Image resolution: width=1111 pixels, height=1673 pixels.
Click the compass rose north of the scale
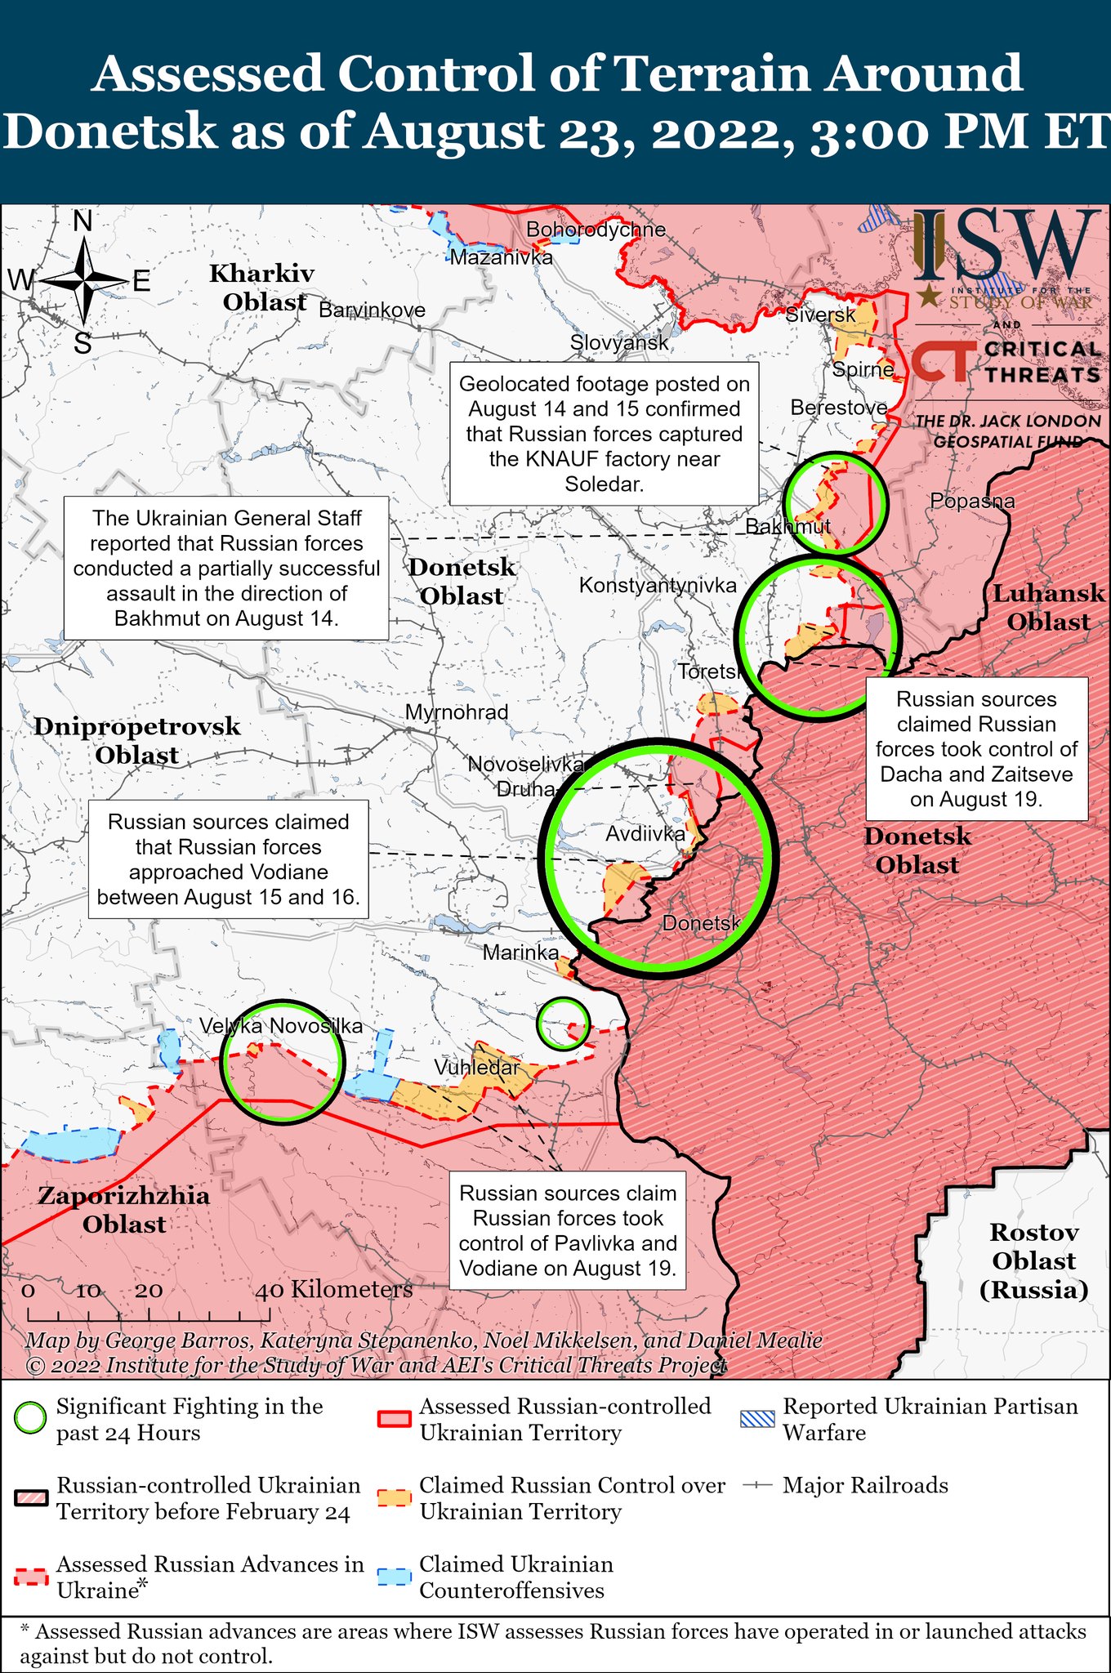pyautogui.click(x=84, y=282)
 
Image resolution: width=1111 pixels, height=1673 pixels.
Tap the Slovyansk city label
pyautogui.click(x=619, y=343)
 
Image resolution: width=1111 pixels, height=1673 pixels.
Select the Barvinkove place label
pyautogui.click(x=372, y=310)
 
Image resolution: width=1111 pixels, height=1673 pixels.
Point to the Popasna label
pyautogui.click(x=972, y=502)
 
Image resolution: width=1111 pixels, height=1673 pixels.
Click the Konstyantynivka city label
pyautogui.click(x=658, y=585)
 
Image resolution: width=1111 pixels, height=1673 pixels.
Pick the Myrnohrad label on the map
pyautogui.click(x=457, y=712)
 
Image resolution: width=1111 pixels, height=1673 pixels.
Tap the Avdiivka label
pyautogui.click(x=645, y=834)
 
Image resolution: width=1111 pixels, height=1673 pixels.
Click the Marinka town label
pyautogui.click(x=520, y=952)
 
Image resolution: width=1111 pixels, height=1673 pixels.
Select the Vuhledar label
pyautogui.click(x=476, y=1068)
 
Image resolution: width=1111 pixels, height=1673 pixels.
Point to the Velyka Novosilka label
pyautogui.click(x=281, y=1027)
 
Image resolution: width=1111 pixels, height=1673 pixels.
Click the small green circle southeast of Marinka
pyautogui.click(x=563, y=1023)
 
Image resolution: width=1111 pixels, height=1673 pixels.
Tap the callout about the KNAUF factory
pyautogui.click(x=605, y=434)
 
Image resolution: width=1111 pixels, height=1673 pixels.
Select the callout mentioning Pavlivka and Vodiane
pyautogui.click(x=568, y=1231)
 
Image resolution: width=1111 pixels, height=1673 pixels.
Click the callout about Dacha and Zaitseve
pyautogui.click(x=976, y=749)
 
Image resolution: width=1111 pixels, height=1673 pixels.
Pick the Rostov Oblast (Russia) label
pyautogui.click(x=1033, y=1260)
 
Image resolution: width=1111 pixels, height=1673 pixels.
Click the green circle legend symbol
pyautogui.click(x=30, y=1419)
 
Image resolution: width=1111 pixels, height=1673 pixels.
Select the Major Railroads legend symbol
pyautogui.click(x=758, y=1485)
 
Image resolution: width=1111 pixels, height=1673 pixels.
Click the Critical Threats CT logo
pyautogui.click(x=943, y=362)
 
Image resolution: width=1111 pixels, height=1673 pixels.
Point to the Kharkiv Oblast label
pyautogui.click(x=262, y=288)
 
